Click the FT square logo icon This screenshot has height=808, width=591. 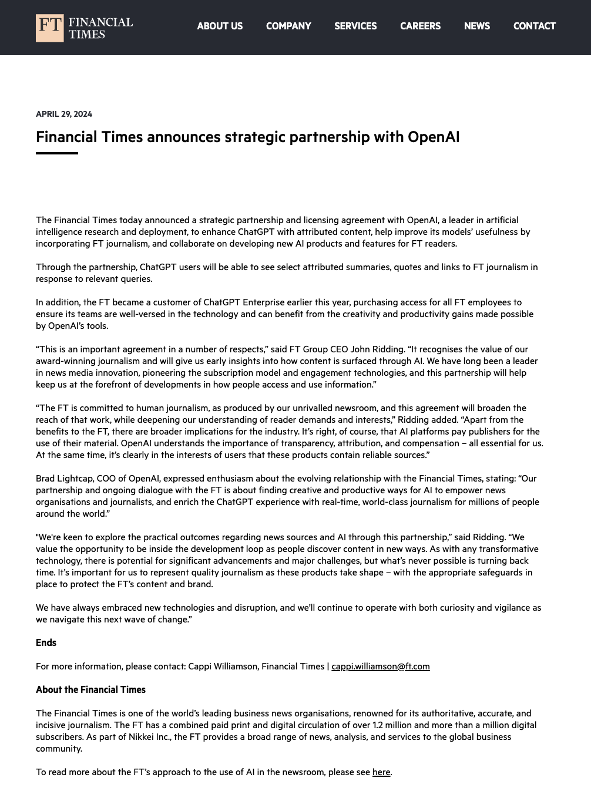pyautogui.click(x=49, y=28)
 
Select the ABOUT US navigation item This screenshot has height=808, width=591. pyautogui.click(x=220, y=26)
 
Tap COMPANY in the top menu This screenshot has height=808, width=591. pyautogui.click(x=288, y=26)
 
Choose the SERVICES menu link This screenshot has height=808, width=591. pyautogui.click(x=355, y=26)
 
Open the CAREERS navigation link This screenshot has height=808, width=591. pyautogui.click(x=420, y=26)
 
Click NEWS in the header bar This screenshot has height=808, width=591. pyautogui.click(x=476, y=26)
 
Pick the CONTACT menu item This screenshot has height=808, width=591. pyautogui.click(x=534, y=26)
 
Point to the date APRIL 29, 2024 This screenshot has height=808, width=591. pyautogui.click(x=64, y=114)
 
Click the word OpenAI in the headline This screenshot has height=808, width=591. pyautogui.click(x=434, y=137)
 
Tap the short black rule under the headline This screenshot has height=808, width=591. pyautogui.click(x=57, y=153)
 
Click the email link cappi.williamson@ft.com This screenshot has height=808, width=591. pyautogui.click(x=381, y=666)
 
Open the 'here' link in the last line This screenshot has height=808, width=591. pyautogui.click(x=381, y=772)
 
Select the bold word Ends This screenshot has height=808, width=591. pyautogui.click(x=46, y=643)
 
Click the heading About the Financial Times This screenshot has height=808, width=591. pyautogui.click(x=90, y=690)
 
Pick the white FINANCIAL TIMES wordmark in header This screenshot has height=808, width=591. pyautogui.click(x=100, y=28)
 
